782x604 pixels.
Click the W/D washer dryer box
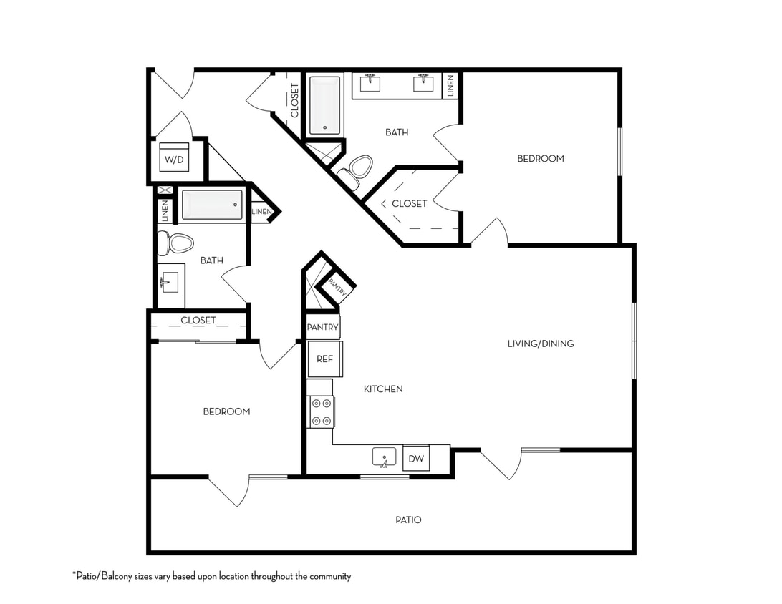point(175,160)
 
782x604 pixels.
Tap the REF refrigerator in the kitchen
point(325,359)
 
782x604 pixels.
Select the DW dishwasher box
point(416,458)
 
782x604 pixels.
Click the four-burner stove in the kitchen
point(321,411)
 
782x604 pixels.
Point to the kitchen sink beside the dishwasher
point(385,457)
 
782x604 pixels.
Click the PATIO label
point(408,520)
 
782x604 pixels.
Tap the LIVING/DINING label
point(541,344)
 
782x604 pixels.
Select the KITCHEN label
point(383,389)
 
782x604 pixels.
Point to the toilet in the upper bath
point(357,169)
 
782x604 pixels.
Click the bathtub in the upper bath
point(325,106)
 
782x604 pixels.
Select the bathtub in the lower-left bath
point(212,206)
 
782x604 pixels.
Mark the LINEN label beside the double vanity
point(450,86)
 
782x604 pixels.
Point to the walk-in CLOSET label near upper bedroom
point(409,204)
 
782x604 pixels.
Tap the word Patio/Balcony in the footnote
point(107,576)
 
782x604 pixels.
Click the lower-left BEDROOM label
point(226,411)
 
